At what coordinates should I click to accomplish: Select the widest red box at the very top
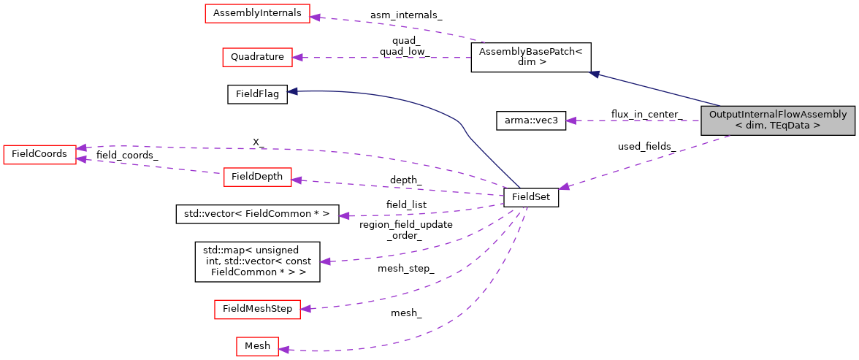pyautogui.click(x=257, y=13)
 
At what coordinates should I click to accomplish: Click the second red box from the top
pyautogui.click(x=257, y=57)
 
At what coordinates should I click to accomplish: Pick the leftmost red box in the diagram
pyautogui.click(x=39, y=154)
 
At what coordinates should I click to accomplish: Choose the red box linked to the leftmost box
pyautogui.click(x=257, y=177)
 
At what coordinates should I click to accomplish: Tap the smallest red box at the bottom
pyautogui.click(x=257, y=346)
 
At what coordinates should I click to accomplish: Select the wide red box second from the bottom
pyautogui.click(x=257, y=309)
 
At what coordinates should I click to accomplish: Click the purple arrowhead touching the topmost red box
pyautogui.click(x=315, y=16)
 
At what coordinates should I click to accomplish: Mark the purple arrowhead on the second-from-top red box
pyautogui.click(x=297, y=57)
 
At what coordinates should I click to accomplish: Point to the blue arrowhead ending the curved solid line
pyautogui.click(x=291, y=91)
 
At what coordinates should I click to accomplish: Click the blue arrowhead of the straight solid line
pyautogui.click(x=595, y=73)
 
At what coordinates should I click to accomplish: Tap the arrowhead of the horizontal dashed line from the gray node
pyautogui.click(x=570, y=120)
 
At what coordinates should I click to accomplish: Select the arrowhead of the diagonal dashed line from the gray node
pyautogui.click(x=564, y=188)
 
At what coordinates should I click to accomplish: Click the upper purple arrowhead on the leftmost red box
pyautogui.click(x=82, y=148)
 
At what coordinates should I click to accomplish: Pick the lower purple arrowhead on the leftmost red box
pyautogui.click(x=81, y=158)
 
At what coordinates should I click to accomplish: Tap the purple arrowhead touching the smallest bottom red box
pyautogui.click(x=283, y=350)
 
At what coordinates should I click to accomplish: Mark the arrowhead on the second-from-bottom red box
pyautogui.click(x=305, y=309)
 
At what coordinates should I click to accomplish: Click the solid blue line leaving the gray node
pyautogui.click(x=657, y=90)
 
